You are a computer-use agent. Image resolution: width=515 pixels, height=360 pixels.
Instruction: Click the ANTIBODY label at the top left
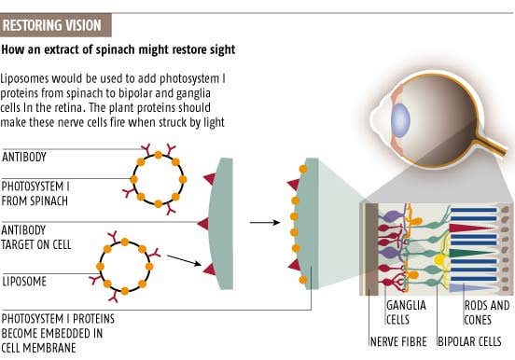25,157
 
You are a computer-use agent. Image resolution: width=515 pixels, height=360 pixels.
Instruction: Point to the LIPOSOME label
26,280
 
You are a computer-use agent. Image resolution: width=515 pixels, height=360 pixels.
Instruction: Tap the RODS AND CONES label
487,312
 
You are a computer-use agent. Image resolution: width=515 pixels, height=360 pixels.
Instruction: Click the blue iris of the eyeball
400,121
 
